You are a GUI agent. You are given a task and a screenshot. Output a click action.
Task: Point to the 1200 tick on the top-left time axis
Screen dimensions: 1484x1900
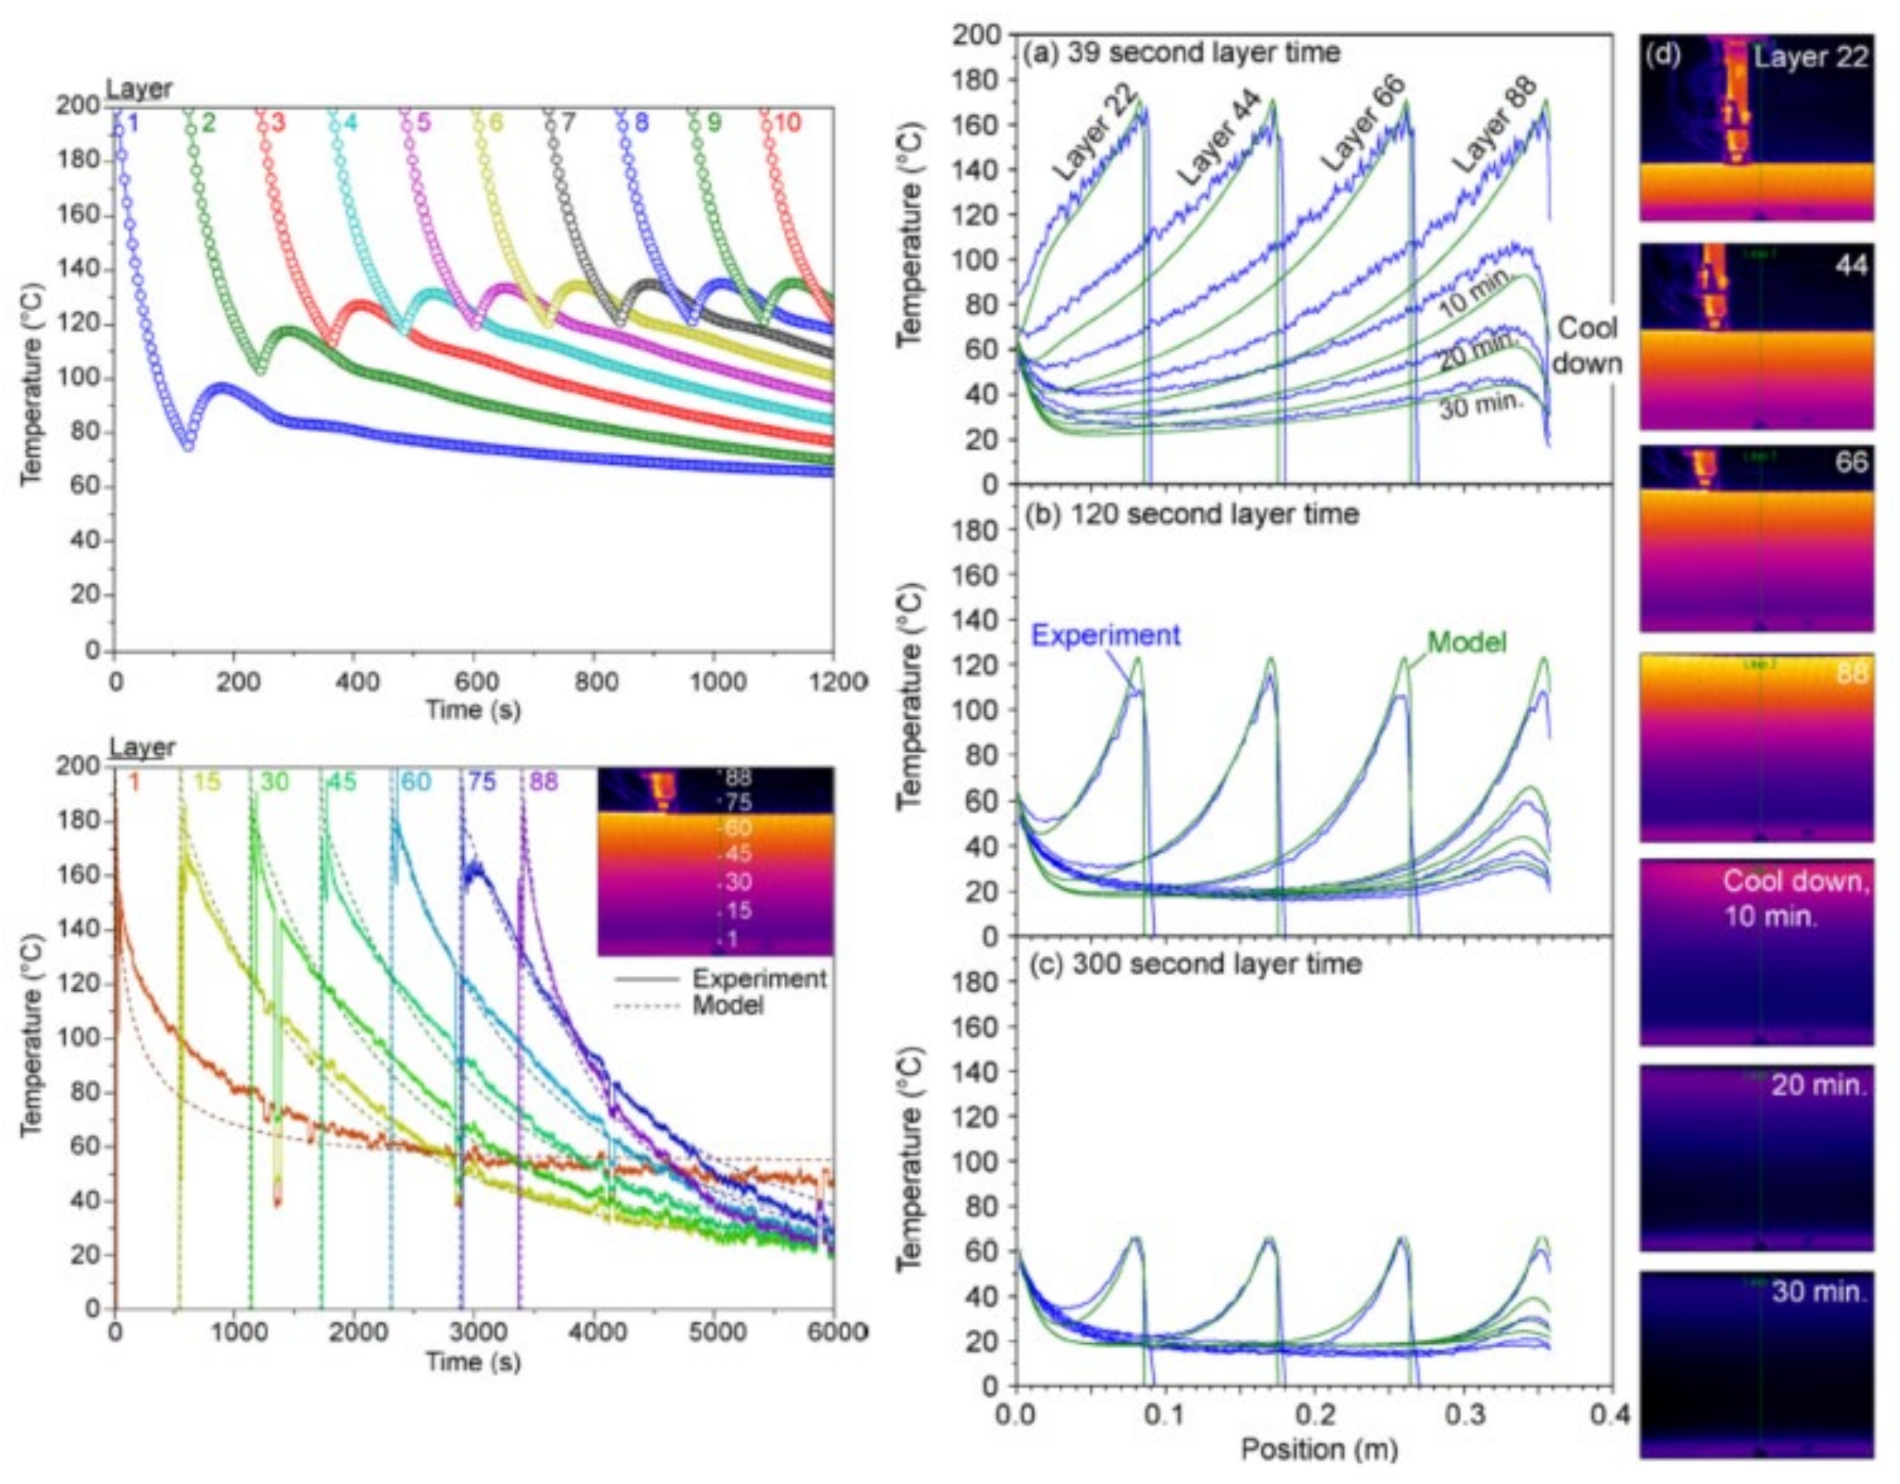[834, 680]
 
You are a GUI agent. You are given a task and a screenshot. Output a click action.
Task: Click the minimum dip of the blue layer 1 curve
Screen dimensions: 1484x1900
[188, 445]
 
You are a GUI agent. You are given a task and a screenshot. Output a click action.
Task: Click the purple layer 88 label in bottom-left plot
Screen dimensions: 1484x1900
[544, 781]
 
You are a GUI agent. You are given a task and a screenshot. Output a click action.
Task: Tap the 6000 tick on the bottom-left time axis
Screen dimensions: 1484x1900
[834, 1333]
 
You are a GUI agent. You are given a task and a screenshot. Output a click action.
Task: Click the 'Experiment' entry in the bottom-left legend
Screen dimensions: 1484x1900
[758, 979]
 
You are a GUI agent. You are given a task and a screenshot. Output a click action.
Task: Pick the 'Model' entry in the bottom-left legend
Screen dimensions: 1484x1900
[727, 1005]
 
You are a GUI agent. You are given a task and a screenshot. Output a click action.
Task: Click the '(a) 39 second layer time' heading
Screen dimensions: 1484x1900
[1182, 53]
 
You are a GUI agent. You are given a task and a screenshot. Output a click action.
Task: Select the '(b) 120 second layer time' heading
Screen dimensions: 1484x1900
[1191, 514]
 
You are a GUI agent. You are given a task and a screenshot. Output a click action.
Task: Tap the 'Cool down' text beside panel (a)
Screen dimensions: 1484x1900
[1587, 345]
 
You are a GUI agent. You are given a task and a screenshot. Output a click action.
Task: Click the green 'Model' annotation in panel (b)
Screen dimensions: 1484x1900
[1467, 642]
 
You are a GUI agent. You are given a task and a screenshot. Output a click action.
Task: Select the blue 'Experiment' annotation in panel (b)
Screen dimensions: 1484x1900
[1106, 635]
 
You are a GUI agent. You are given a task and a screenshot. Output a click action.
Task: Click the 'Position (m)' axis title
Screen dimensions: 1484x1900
[1319, 1450]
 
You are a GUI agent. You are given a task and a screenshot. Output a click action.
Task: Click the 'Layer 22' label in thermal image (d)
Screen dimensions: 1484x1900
[1810, 58]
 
